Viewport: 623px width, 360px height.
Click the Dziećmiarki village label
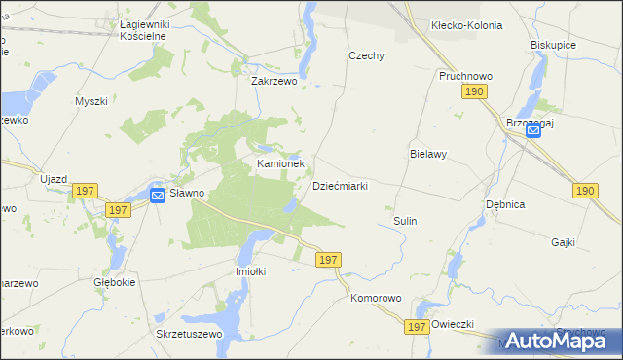[x=339, y=186]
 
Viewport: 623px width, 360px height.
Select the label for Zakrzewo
[x=274, y=83]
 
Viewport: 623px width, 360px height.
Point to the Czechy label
[x=367, y=56]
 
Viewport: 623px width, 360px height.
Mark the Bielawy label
[x=427, y=155]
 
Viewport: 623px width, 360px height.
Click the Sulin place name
[x=405, y=221]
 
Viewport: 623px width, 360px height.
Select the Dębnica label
[x=506, y=205]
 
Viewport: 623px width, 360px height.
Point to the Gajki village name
[x=564, y=242]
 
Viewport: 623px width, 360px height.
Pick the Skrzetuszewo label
[x=190, y=334]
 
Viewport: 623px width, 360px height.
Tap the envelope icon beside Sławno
[x=158, y=196]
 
